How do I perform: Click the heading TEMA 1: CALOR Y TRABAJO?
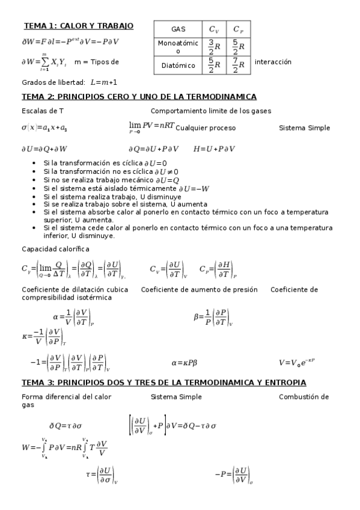coord(78,26)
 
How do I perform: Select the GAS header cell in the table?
coord(178,29)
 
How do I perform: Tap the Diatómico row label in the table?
coord(178,65)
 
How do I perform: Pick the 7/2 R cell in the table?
coord(238,65)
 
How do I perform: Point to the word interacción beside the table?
coord(273,62)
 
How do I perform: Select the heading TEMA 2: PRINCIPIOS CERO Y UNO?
coord(139,96)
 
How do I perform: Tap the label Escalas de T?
coord(42,111)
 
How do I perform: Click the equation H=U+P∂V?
coord(215,149)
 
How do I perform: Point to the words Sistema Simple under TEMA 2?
coord(304,128)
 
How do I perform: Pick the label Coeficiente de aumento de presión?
coord(199,289)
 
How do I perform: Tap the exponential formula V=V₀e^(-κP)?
coord(297,363)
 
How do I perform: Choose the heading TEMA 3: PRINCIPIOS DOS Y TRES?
coord(163,382)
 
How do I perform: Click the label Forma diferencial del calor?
coord(66,397)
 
